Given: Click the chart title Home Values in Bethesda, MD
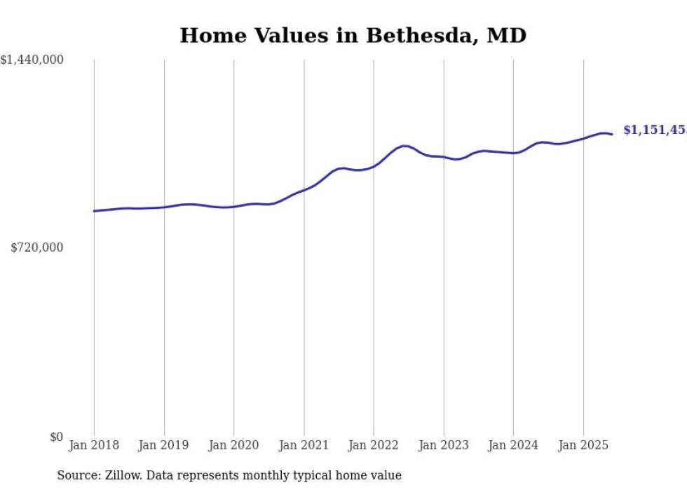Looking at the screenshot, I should coord(353,36).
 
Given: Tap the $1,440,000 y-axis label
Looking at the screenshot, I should coord(32,60).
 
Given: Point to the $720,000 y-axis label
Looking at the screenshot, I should coord(37,247).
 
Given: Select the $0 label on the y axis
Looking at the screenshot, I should coord(57,437).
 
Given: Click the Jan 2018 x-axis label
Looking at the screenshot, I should coord(94,445).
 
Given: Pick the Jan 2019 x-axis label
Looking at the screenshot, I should coord(164,445).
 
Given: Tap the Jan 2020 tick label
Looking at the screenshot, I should coord(234,445).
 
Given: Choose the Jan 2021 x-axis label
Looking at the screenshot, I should coord(304,445).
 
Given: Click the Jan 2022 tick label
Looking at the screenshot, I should coord(374,445).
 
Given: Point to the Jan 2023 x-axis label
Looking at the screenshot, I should coord(444,445).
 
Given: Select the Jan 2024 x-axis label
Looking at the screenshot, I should coord(513,445).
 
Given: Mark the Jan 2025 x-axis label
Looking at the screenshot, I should coord(583,445).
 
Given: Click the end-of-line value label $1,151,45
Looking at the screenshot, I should coord(655,130).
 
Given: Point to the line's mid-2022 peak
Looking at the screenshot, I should coord(404,146).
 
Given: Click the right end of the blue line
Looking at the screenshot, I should coord(612,134).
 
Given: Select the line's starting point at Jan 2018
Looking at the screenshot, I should coord(94,211).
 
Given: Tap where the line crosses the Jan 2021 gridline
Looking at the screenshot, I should coord(304,190).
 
